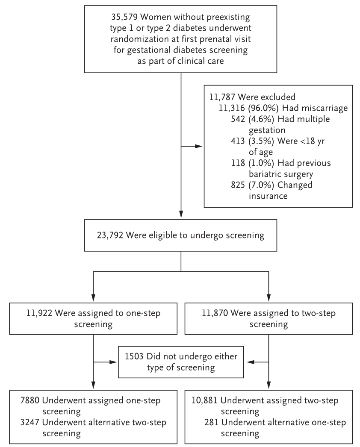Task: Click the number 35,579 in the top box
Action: (125, 17)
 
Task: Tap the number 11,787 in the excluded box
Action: (222, 97)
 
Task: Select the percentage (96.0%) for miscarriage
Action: (263, 108)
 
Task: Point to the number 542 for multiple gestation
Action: (238, 119)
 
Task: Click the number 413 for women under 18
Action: (238, 141)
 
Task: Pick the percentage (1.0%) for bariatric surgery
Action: (261, 163)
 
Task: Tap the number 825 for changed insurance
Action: (238, 185)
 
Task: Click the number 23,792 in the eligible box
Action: (110, 235)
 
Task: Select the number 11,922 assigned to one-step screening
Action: (39, 313)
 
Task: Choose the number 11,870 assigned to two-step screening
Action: (215, 313)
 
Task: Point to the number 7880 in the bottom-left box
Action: (30, 400)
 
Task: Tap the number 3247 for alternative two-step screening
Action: (30, 423)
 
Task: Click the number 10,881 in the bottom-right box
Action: (204, 400)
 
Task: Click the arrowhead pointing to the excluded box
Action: (199, 146)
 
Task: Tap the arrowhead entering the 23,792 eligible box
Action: (181, 215)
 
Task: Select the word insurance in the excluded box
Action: (268, 196)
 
